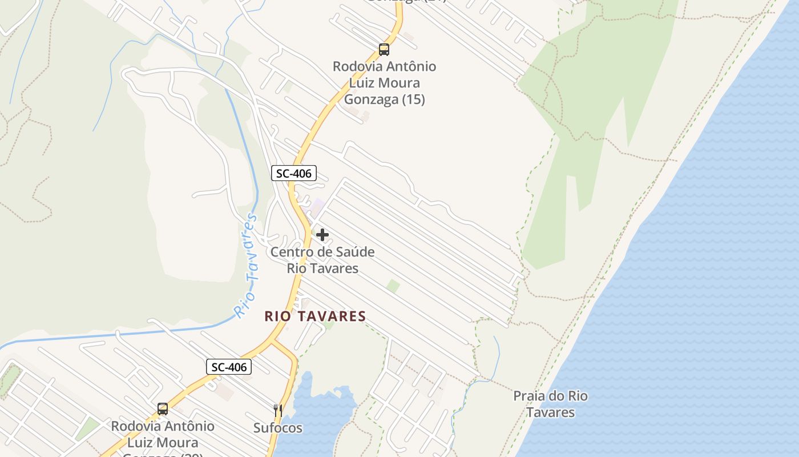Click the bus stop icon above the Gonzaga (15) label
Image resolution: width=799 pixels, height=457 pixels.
[x=384, y=50]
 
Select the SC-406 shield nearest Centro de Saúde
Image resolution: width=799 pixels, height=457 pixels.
[x=293, y=173]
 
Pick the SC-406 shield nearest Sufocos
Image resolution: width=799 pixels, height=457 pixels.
[x=229, y=367]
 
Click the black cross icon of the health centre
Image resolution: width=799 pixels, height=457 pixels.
[x=322, y=235]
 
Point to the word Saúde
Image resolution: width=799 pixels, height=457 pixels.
[x=353, y=252]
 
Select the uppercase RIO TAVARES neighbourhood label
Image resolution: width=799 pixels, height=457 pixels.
[x=315, y=316]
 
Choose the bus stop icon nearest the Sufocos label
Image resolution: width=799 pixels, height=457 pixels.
[x=163, y=409]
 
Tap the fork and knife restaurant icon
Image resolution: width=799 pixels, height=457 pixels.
[x=278, y=410]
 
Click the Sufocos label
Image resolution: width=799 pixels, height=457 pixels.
[x=278, y=428]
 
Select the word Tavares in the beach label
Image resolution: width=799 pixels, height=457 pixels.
[x=550, y=412]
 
